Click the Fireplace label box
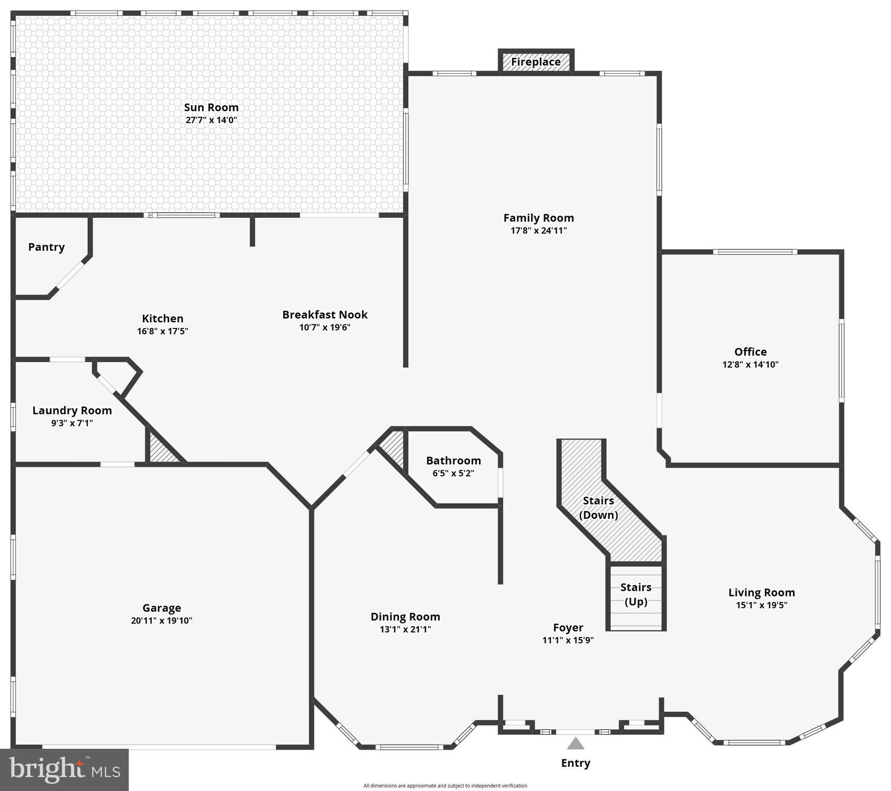536,62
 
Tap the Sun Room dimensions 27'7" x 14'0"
211,120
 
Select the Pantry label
46,247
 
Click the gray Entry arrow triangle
575,744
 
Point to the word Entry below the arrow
575,763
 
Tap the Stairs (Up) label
636,594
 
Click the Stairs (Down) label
598,508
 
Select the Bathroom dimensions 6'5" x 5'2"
453,473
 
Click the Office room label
750,352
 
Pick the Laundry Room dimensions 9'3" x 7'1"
72,423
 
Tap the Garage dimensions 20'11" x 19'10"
161,621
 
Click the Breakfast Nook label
324,315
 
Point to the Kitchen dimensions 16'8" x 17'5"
162,331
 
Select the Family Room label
538,218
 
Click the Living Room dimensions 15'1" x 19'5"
761,605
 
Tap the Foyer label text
568,627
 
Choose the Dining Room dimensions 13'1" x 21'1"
405,629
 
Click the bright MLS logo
64,770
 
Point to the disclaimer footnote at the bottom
445,786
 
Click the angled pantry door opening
71,277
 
